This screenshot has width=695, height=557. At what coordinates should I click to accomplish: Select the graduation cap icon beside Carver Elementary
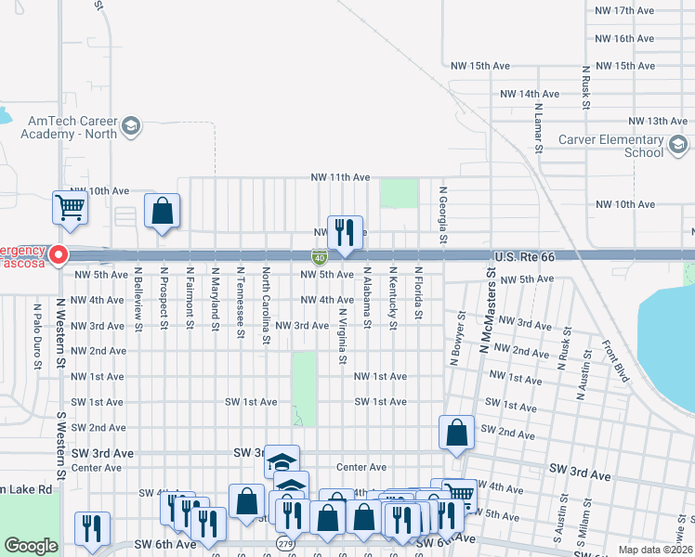677,144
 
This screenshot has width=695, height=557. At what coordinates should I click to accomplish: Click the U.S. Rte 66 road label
523,255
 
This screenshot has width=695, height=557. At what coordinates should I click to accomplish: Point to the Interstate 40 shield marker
319,256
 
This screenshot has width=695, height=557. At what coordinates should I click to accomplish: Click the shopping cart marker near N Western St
71,208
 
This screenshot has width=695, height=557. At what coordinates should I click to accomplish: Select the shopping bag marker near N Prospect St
163,211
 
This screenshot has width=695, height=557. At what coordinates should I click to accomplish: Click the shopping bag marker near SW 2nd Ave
456,433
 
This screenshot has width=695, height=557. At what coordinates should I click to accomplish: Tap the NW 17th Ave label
623,10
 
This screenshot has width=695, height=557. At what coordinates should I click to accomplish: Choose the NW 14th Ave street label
529,95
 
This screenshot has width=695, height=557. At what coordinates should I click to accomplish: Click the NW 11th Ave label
340,177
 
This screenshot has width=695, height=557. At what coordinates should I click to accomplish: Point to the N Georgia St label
443,214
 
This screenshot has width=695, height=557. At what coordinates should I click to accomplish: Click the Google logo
32,546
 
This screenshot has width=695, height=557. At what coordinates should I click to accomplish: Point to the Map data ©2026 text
654,550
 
